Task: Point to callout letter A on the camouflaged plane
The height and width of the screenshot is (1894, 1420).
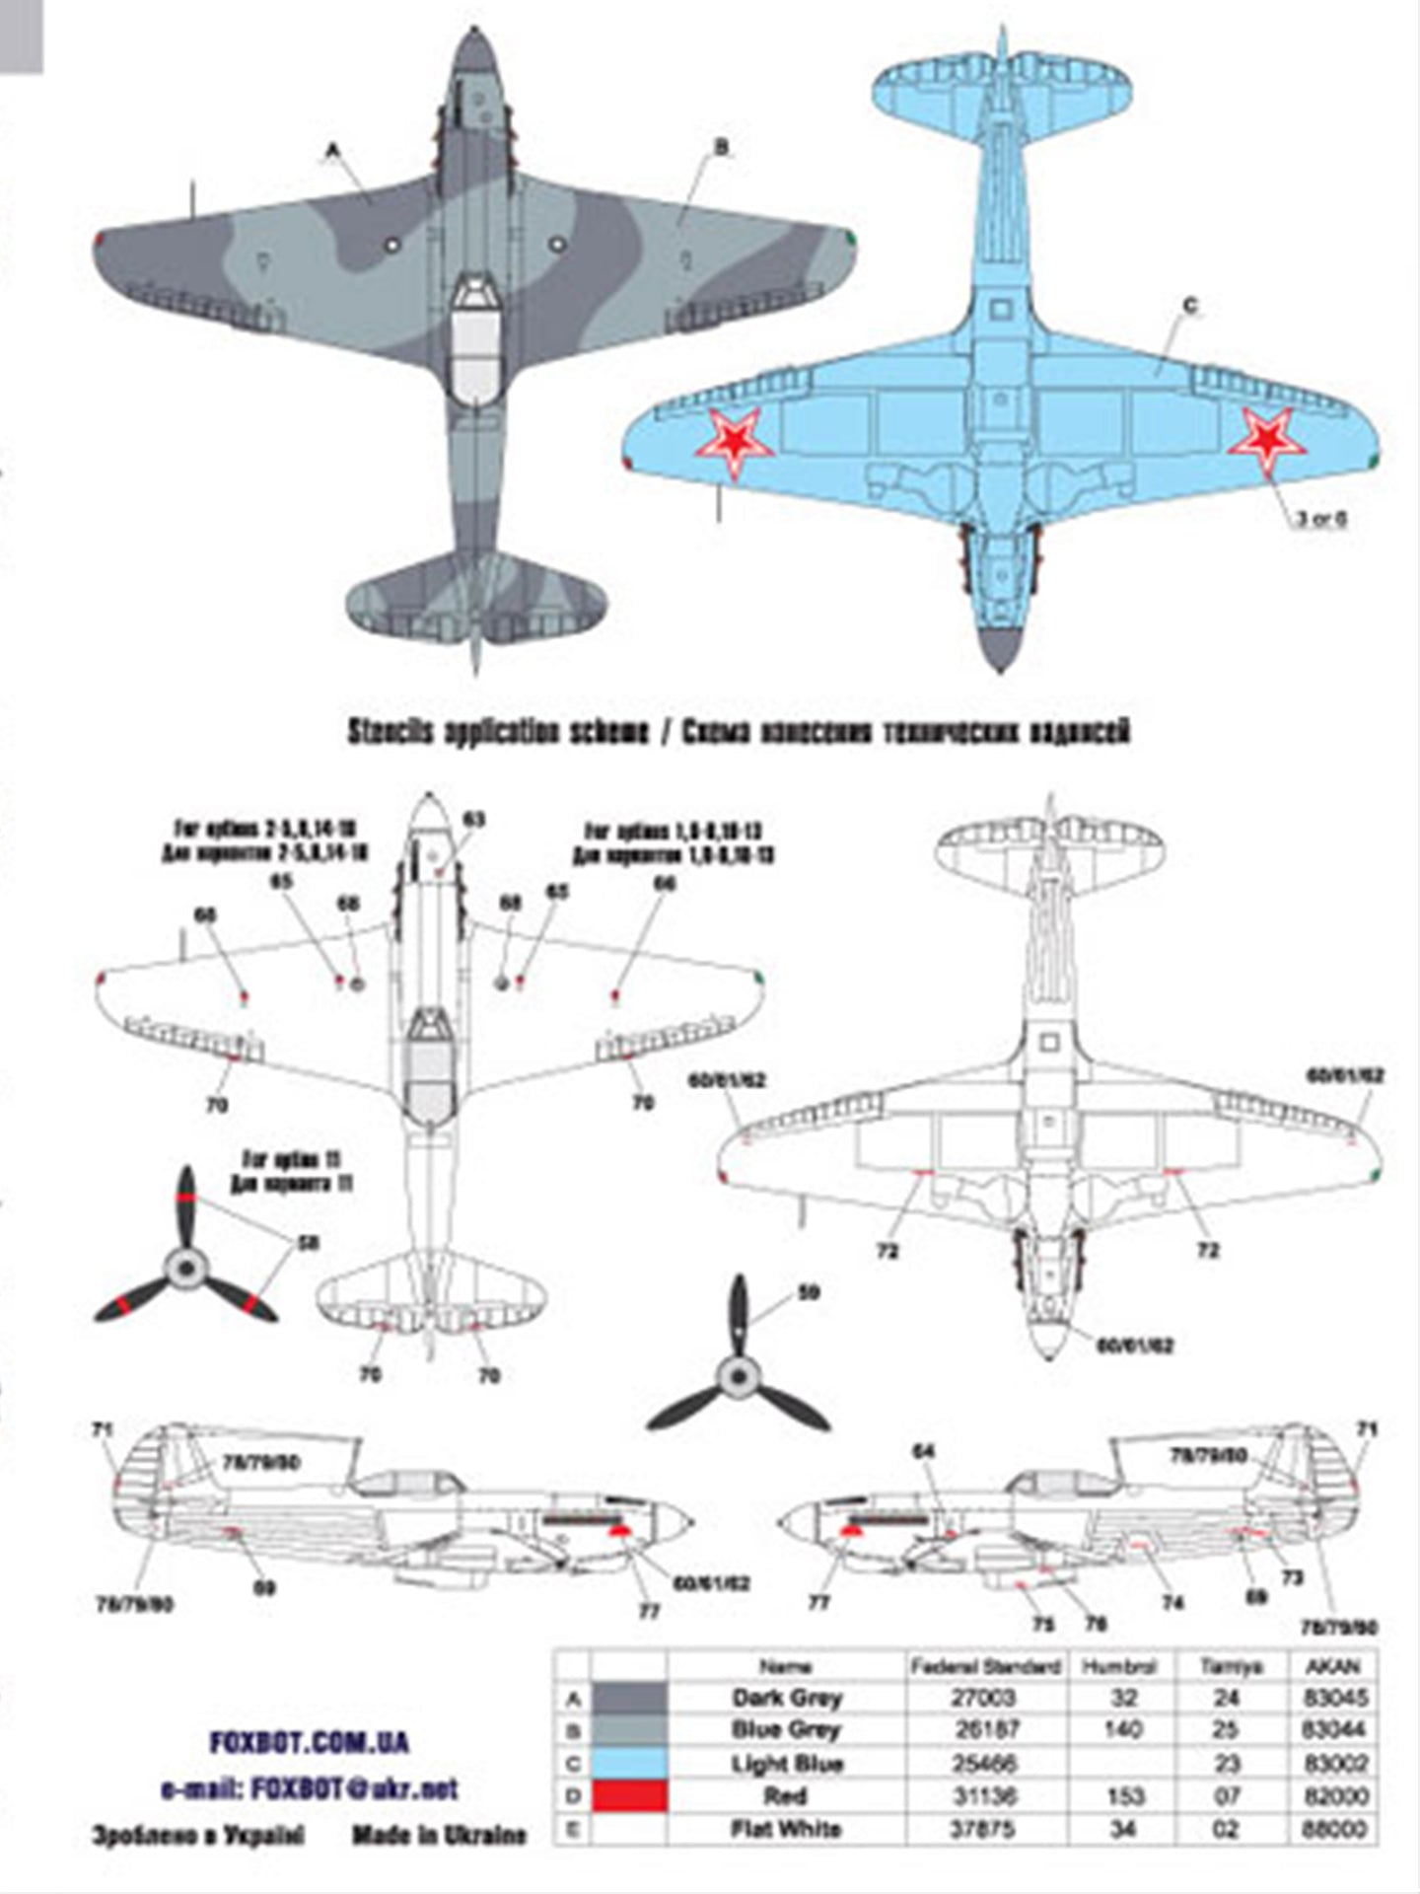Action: [x=333, y=150]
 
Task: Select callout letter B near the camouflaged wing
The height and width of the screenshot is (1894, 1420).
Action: [x=721, y=147]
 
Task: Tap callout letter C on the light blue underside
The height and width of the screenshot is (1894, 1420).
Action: [x=1189, y=307]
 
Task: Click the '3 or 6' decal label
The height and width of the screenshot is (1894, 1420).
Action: [x=1320, y=518]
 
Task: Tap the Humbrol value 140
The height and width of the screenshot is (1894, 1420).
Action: [x=1123, y=1730]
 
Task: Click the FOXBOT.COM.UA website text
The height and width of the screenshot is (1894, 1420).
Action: [x=309, y=1743]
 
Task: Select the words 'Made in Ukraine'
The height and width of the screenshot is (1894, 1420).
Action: [x=438, y=1835]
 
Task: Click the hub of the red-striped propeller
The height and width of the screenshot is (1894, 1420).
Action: [x=184, y=1270]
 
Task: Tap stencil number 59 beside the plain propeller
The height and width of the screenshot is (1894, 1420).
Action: [x=809, y=1293]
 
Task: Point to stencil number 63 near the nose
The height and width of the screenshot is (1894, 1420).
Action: [x=474, y=820]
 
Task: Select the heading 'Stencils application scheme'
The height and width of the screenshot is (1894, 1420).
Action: [x=498, y=732]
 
